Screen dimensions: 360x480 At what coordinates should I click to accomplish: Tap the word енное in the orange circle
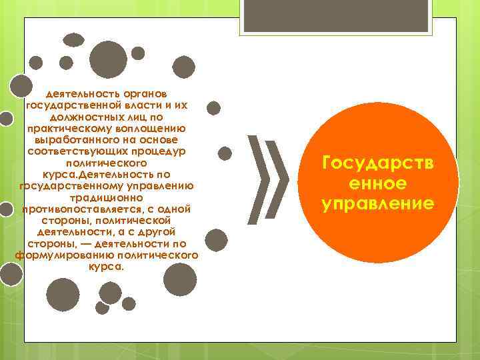pyautogui.click(x=378, y=183)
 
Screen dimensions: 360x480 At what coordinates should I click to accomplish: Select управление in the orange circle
pyautogui.click(x=378, y=202)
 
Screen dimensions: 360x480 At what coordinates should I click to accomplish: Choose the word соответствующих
pyautogui.click(x=73, y=151)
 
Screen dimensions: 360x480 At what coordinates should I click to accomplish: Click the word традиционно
pyautogui.click(x=106, y=198)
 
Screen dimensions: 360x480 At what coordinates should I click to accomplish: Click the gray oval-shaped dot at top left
pyautogui.click(x=73, y=40)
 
